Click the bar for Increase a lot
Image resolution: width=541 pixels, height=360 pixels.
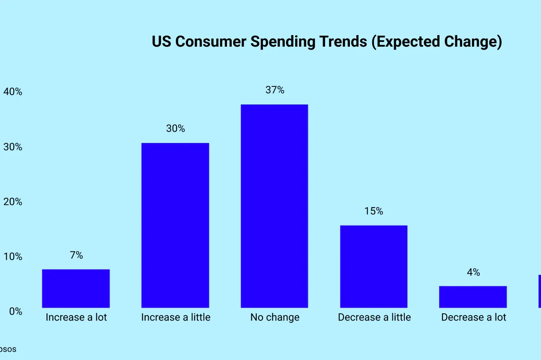pos(76,288)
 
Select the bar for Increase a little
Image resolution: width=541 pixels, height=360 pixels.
pos(175,225)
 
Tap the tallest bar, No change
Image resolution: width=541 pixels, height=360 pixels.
pos(274,206)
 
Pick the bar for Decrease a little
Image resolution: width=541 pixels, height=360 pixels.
pos(374,266)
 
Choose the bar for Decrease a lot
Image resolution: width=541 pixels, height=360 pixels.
pos(473,297)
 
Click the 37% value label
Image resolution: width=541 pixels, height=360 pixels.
pos(275,90)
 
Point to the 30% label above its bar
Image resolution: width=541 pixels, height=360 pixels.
pos(176,128)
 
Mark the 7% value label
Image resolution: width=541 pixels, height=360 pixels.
pos(76,255)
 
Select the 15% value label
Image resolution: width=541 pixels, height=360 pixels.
pos(374,211)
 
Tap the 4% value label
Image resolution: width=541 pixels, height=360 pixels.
pos(473,272)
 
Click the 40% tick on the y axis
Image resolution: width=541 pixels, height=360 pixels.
pos(13,92)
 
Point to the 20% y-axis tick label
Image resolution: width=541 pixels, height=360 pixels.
pos(13,202)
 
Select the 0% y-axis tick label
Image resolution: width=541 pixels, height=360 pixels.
pos(15,311)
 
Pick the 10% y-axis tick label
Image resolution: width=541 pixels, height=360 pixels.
pos(13,256)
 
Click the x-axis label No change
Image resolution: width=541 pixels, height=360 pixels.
pos(275,317)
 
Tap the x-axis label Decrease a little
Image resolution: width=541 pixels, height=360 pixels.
pos(374,317)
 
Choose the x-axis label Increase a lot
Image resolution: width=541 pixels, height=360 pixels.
pos(76,317)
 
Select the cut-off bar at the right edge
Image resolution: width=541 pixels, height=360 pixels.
pos(539,291)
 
